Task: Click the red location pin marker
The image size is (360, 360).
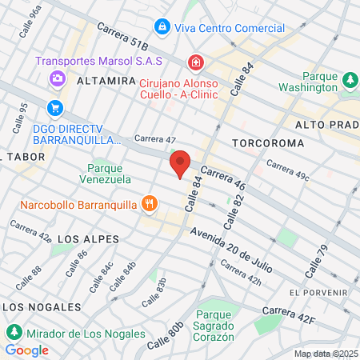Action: pyautogui.click(x=180, y=164)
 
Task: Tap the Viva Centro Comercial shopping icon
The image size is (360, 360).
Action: pyautogui.click(x=162, y=27)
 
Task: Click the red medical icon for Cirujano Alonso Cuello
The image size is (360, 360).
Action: pyautogui.click(x=194, y=62)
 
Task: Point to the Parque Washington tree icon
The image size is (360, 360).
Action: pyautogui.click(x=350, y=80)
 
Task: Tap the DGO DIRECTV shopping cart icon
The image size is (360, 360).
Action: pyautogui.click(x=55, y=107)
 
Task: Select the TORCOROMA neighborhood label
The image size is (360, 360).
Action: pyautogui.click(x=268, y=142)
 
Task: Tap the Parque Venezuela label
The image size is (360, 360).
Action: pyautogui.click(x=109, y=174)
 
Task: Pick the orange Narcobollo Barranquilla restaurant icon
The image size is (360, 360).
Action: pyautogui.click(x=149, y=204)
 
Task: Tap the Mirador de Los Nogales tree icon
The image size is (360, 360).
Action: pyautogui.click(x=14, y=331)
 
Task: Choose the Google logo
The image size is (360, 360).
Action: pyautogui.click(x=26, y=350)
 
